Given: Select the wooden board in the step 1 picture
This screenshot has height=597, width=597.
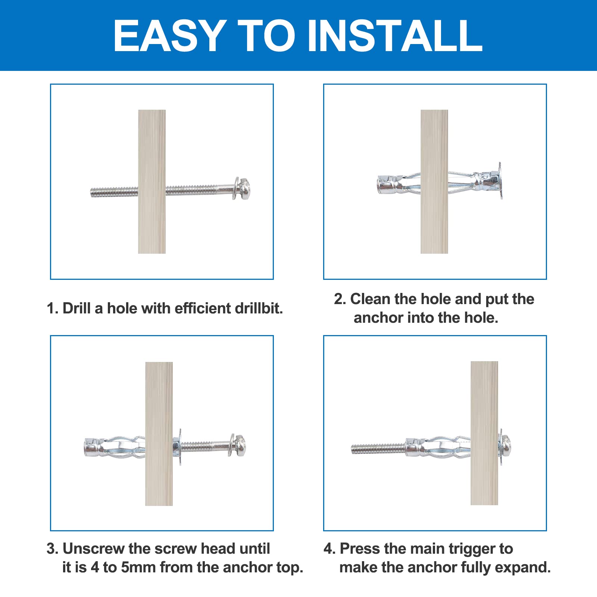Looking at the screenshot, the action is [152, 182].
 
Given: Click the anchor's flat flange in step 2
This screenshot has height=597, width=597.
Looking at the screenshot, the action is [500, 181].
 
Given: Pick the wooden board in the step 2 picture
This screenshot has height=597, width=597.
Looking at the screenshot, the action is [434, 182].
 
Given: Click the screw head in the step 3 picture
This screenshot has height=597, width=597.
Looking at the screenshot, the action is [241, 445].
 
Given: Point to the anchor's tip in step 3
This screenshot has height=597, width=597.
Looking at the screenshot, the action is [90, 447].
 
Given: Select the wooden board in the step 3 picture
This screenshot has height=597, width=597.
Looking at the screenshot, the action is [159, 434].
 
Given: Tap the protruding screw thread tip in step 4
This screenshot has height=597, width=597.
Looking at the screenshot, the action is [354, 448].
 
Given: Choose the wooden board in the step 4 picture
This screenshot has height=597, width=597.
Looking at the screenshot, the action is [484, 433].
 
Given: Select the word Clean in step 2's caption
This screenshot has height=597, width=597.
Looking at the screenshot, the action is [370, 299].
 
